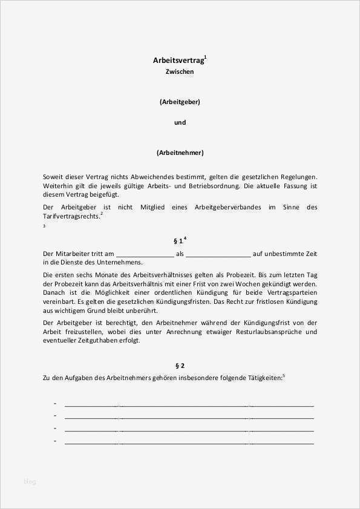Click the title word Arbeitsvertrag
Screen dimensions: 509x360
click(x=178, y=61)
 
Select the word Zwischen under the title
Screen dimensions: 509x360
click(x=180, y=71)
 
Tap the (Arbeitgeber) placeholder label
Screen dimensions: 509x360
click(x=180, y=102)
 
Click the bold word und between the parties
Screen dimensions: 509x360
click(x=180, y=122)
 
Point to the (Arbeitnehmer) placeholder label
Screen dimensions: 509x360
click(x=180, y=153)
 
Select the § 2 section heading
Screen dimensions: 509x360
click(x=180, y=366)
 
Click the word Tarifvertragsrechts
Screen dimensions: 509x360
click(x=71, y=216)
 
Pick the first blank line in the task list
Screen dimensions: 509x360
click(x=189, y=404)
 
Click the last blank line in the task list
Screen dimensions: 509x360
click(x=189, y=442)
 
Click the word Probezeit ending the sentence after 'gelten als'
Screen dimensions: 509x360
click(x=229, y=274)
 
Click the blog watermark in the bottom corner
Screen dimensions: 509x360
click(x=30, y=481)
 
